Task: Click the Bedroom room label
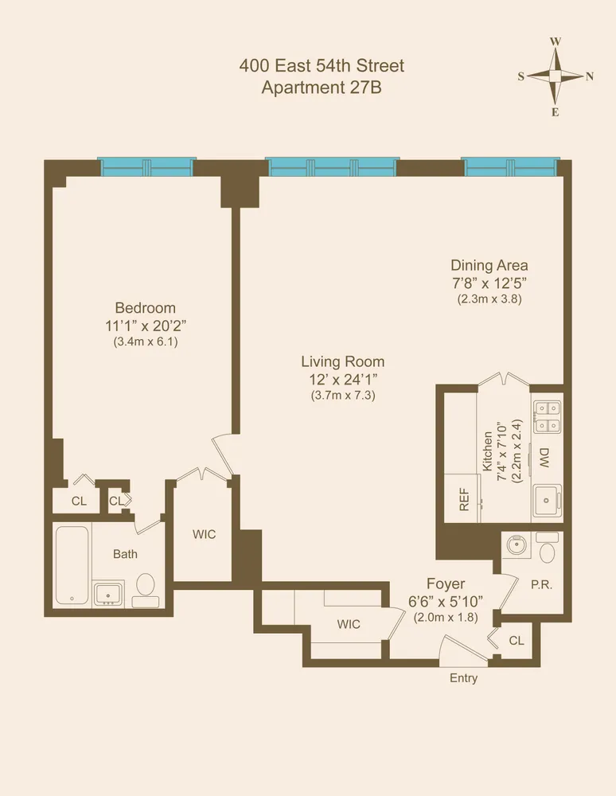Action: (145, 308)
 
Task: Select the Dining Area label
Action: (489, 265)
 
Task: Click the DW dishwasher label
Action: (545, 458)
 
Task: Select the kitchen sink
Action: (547, 499)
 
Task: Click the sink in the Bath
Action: (108, 593)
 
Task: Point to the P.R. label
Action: (542, 583)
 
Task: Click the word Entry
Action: (464, 678)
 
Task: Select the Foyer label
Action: (446, 583)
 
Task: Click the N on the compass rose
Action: (590, 76)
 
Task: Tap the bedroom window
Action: (146, 166)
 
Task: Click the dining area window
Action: (510, 166)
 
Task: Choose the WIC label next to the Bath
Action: (205, 534)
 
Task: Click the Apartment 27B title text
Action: (322, 88)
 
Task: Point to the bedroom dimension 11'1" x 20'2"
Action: (145, 326)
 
